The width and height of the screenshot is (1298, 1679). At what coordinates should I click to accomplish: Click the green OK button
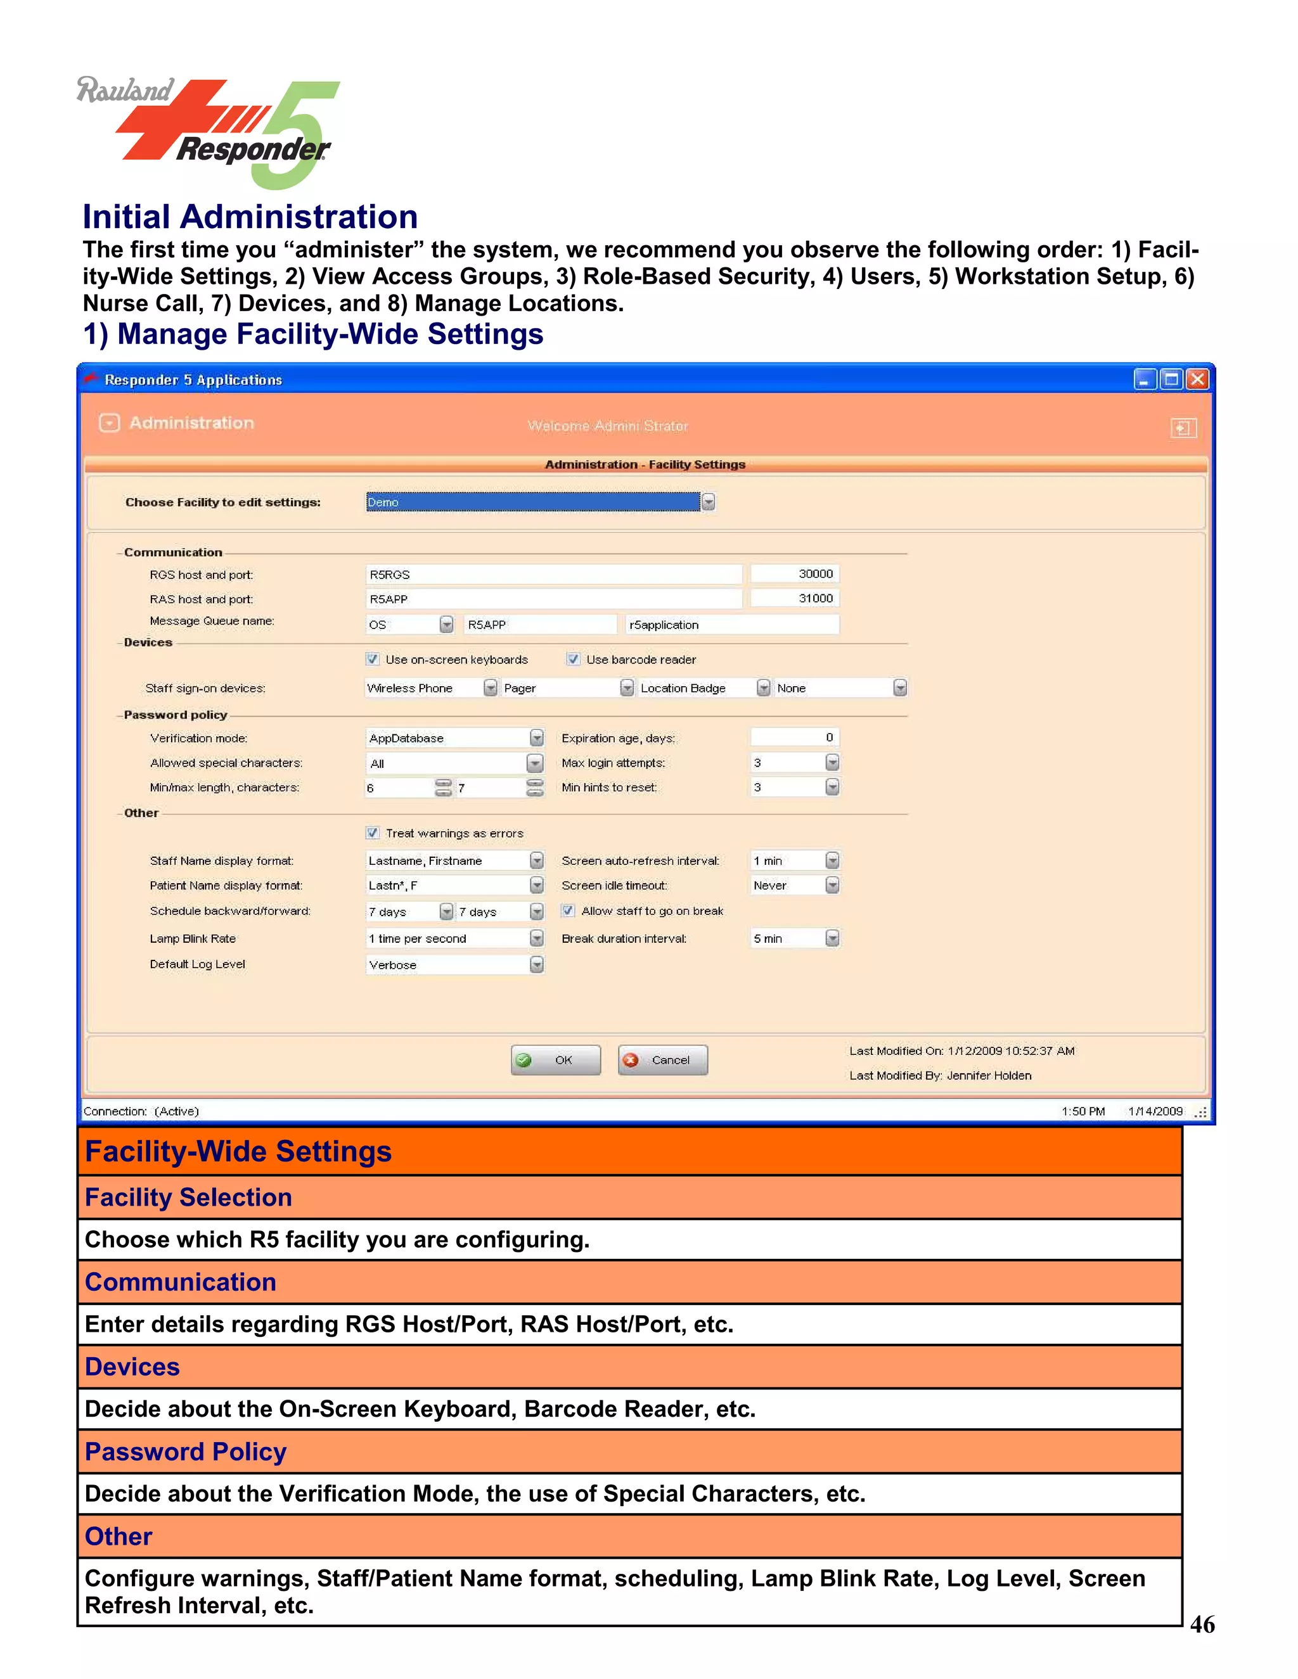coord(555,1060)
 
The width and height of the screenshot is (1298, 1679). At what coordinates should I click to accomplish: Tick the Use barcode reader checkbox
coord(573,659)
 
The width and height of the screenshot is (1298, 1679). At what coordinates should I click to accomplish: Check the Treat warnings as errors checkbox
coord(372,833)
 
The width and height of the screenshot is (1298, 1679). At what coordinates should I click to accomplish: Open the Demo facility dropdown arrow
coord(708,502)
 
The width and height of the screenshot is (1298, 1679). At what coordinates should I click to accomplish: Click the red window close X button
coord(1197,379)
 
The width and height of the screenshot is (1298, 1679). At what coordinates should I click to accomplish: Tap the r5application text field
coord(731,624)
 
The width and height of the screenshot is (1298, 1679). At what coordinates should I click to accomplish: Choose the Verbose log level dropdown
coord(454,965)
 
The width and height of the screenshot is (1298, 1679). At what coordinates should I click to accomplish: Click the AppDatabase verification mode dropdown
coord(454,738)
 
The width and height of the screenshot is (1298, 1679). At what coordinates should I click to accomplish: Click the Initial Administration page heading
coord(250,217)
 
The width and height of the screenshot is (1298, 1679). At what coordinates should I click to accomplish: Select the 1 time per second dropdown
coord(454,939)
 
